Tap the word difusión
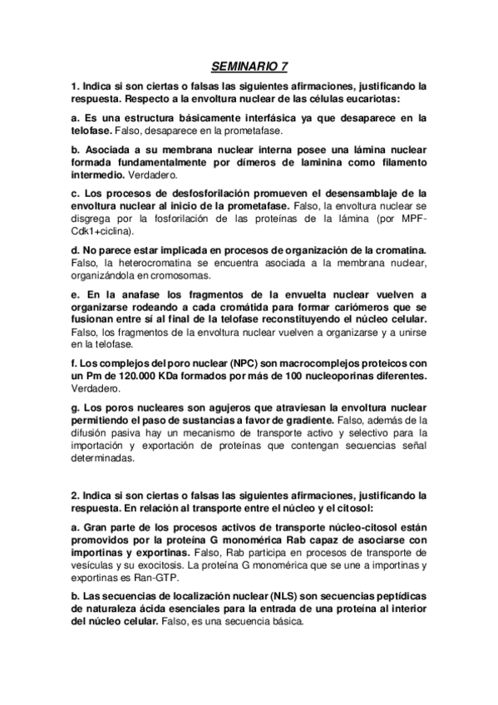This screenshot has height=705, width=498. pyautogui.click(x=92, y=433)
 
